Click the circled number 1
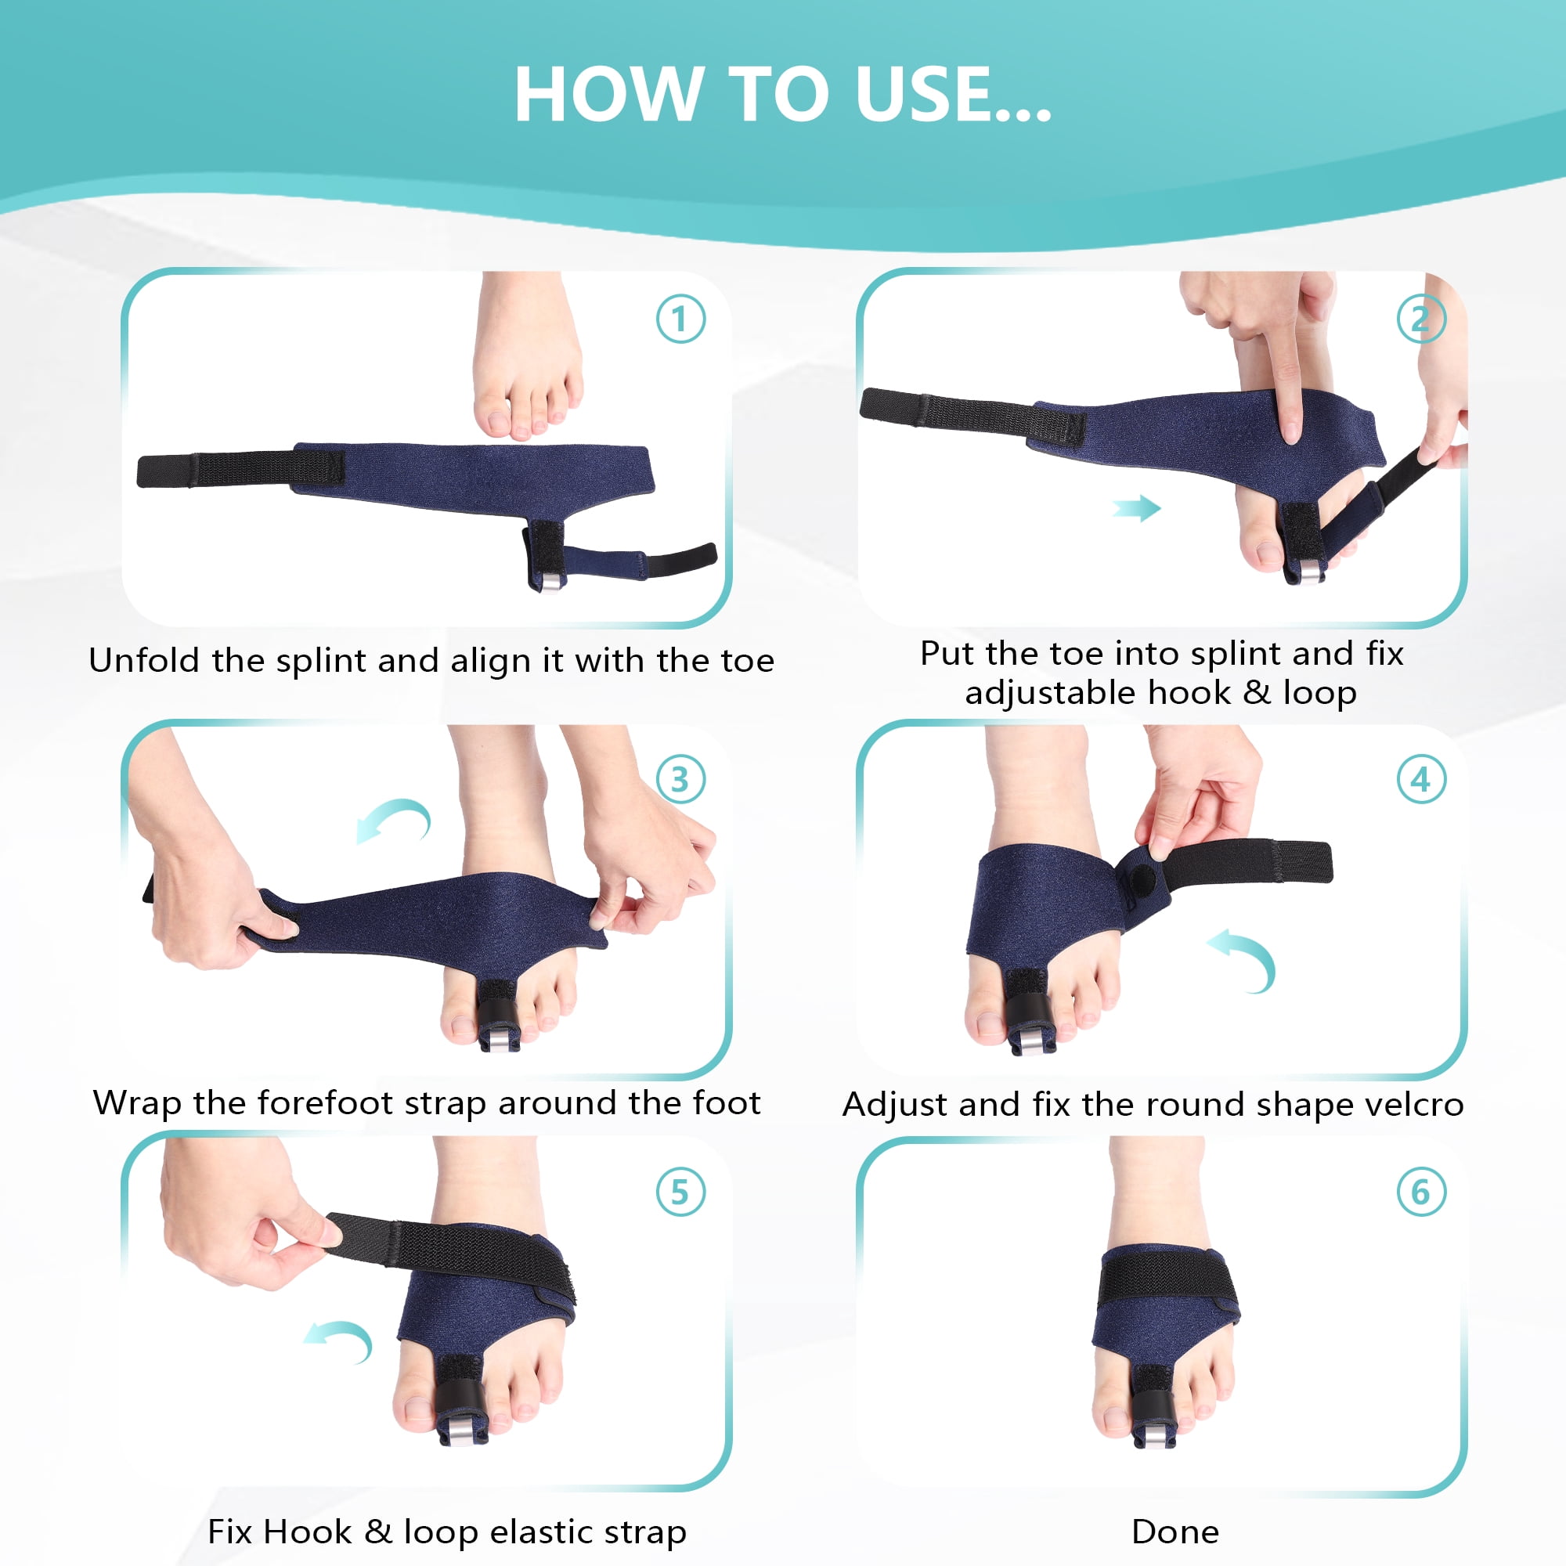point(681,319)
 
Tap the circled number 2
point(1421,319)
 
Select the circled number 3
point(681,779)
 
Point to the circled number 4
point(1421,779)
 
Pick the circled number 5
point(681,1192)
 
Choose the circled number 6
point(1421,1192)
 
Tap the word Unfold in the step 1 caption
point(144,660)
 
